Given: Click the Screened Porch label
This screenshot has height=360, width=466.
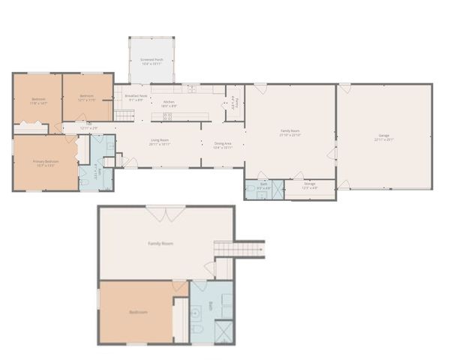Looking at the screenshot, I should point(151,62).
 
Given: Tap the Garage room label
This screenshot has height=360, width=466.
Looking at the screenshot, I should point(383,136).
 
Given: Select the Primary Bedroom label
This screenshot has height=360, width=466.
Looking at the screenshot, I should point(45,162).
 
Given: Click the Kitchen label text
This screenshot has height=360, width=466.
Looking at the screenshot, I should point(169,103).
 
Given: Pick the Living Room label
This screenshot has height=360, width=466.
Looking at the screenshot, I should point(159,142).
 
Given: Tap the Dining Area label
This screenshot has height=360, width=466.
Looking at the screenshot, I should point(223,145).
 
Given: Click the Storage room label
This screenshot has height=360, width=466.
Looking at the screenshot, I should point(310,184).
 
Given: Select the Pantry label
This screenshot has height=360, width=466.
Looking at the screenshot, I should point(234,103).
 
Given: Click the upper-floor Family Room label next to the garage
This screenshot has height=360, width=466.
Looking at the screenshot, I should point(290,133).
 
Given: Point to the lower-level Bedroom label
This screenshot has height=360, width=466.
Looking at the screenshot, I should point(138,312).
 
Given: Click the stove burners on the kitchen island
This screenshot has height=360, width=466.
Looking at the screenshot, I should point(167,116).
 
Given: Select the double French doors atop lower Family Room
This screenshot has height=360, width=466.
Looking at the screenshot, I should point(166,214).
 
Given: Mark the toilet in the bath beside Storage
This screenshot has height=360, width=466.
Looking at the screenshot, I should point(251,193).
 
